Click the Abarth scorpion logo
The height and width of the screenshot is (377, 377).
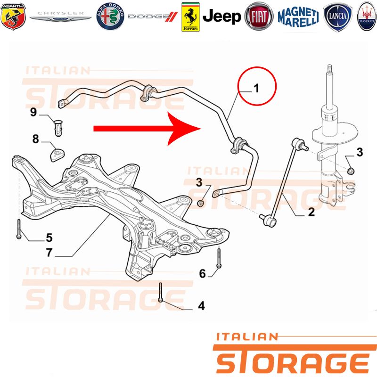pyautogui.click(x=13, y=16)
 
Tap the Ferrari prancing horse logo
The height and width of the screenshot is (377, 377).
pyautogui.click(x=190, y=17)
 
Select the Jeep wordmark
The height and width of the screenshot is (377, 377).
pyautogui.click(x=221, y=16)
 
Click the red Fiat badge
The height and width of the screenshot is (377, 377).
pyautogui.click(x=259, y=16)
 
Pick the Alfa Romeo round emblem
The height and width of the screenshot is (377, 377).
pyautogui.click(x=110, y=16)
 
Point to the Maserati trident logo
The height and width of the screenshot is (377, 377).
pyautogui.click(x=367, y=16)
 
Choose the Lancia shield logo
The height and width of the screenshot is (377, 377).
pyautogui.click(x=337, y=16)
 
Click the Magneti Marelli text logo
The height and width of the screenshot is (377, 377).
pyautogui.click(x=298, y=17)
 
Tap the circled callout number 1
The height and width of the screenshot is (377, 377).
pyautogui.click(x=256, y=88)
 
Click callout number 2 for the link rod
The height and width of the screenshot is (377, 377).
pyautogui.click(x=311, y=212)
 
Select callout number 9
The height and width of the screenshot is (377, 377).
pyautogui.click(x=33, y=112)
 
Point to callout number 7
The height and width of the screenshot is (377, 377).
pyautogui.click(x=49, y=252)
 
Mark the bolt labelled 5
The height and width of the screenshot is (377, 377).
pyautogui.click(x=19, y=229)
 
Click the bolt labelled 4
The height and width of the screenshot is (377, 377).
pyautogui.click(x=161, y=292)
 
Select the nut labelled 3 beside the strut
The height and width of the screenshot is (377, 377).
pyautogui.click(x=352, y=171)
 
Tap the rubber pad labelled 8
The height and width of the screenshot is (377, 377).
pyautogui.click(x=57, y=155)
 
